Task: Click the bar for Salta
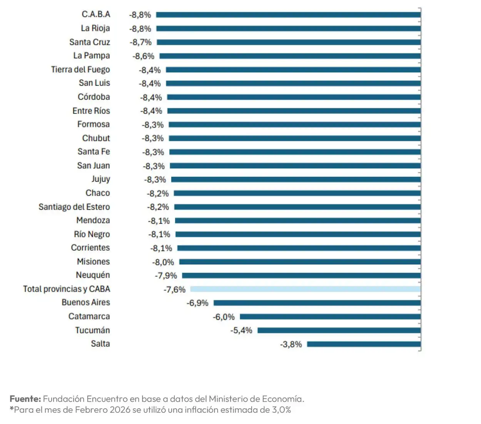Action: (x=364, y=344)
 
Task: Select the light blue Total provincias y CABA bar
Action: (x=305, y=289)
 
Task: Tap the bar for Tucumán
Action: (x=339, y=330)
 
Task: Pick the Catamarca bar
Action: (x=330, y=317)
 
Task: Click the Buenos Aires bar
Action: (x=317, y=303)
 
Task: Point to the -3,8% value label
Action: (x=291, y=344)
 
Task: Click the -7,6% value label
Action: (x=174, y=290)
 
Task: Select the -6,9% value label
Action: (x=197, y=303)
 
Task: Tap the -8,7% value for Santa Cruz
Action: (x=140, y=42)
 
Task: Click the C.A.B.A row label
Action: (x=96, y=14)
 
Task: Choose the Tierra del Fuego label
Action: (x=80, y=70)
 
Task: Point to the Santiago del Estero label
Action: (x=74, y=207)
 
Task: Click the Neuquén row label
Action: (x=93, y=275)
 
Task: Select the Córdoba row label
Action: (x=94, y=97)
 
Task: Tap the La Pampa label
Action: (x=92, y=56)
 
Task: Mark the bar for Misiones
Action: (x=300, y=262)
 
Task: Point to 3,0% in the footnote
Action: (x=281, y=410)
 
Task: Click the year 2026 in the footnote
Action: (x=120, y=410)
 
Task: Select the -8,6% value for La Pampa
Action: (x=143, y=56)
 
